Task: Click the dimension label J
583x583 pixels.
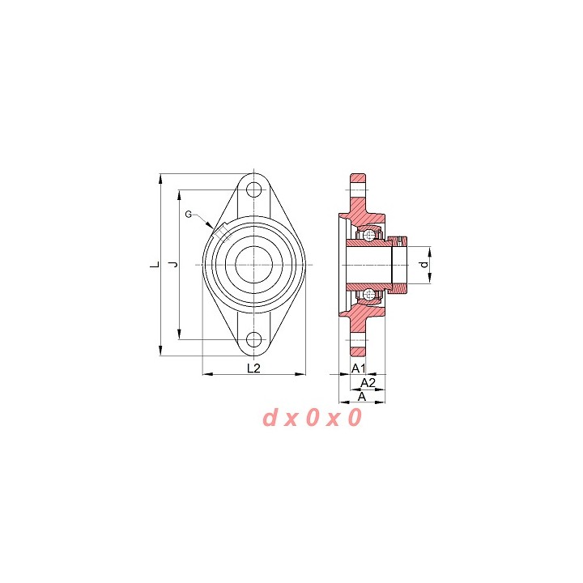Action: point(173,264)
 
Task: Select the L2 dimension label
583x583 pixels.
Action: point(254,368)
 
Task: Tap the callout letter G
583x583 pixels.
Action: point(189,214)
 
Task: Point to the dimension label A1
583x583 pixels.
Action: point(359,368)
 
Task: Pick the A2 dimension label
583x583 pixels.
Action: point(368,382)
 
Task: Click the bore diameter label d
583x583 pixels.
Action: point(423,265)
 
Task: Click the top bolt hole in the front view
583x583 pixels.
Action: point(254,190)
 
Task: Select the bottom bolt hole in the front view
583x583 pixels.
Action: point(254,339)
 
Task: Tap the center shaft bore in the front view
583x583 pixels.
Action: point(254,264)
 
